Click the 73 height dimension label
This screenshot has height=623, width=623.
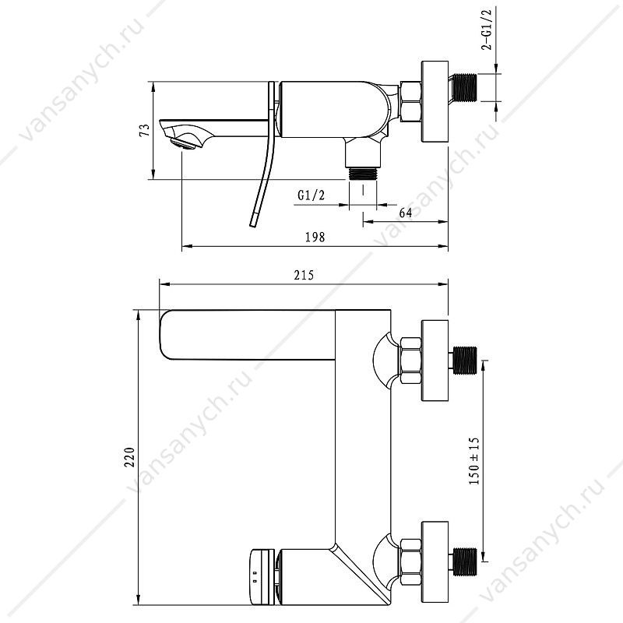pos(146,130)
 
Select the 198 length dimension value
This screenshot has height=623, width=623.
pos(315,238)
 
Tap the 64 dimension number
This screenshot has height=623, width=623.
pos(405,213)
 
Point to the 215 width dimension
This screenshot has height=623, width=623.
pos(304,275)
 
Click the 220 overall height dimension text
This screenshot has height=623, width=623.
pos(130,457)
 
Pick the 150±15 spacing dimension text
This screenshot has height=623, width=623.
pos(474,461)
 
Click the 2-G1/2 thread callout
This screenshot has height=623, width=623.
pos(487,30)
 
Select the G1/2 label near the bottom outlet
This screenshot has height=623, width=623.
pos(311,195)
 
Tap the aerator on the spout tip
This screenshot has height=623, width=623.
pos(184,143)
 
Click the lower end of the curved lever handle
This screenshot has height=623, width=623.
pos(252,224)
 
